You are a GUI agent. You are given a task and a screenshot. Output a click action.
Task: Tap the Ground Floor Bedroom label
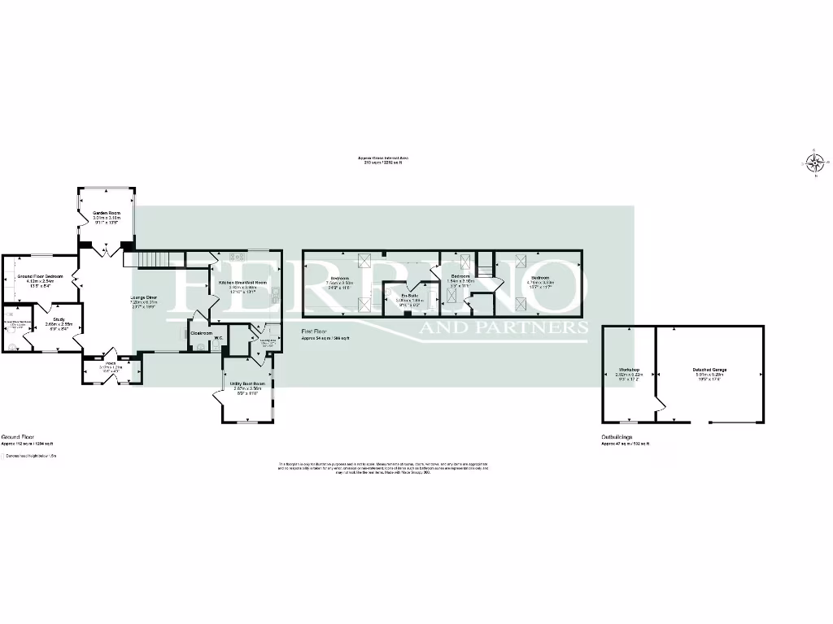(x=41, y=277)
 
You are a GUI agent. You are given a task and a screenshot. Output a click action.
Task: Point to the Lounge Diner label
(x=144, y=297)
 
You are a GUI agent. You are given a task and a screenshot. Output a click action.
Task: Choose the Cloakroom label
(x=201, y=333)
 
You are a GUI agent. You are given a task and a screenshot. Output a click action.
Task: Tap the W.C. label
(x=219, y=338)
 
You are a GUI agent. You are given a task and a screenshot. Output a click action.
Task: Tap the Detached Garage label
(x=710, y=370)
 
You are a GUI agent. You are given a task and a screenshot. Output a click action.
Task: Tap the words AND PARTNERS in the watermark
(x=504, y=328)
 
